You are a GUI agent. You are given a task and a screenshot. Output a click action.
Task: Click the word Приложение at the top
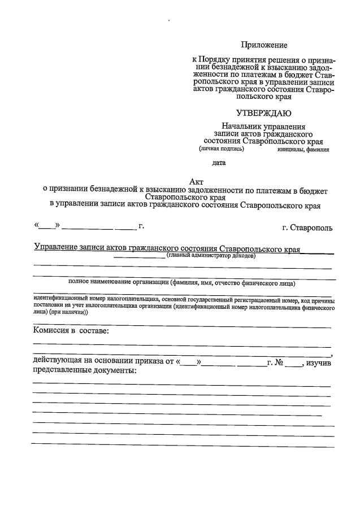[264, 45]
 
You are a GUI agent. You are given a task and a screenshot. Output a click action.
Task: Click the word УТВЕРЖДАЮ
[264, 113]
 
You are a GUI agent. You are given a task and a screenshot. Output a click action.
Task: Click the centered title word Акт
[196, 181]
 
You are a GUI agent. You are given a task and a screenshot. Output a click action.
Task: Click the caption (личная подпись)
[222, 149]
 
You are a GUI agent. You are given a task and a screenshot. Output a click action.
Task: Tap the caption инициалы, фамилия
[303, 150]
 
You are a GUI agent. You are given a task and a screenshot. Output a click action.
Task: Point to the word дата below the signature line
[219, 163]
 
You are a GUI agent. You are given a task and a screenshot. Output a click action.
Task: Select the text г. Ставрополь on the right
[307, 228]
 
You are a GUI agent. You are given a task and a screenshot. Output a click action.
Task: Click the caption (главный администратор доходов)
[211, 256]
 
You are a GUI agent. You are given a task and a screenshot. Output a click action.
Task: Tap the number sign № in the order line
[278, 363]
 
